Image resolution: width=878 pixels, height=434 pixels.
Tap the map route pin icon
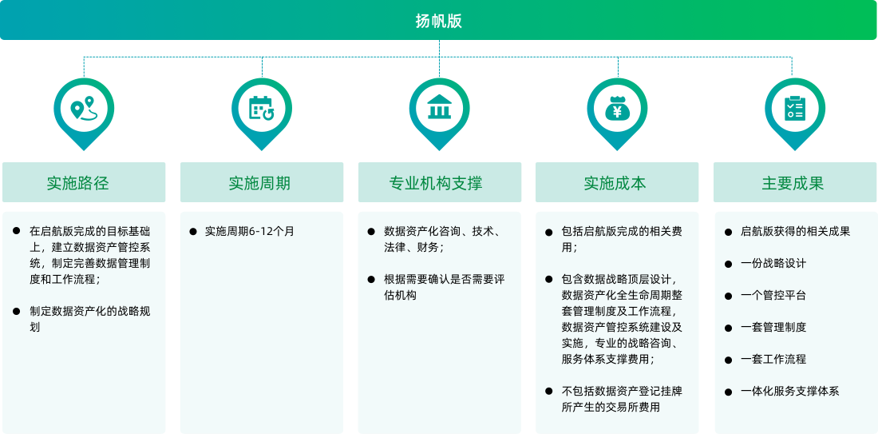click(83, 109)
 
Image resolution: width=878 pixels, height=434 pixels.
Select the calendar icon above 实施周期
click(262, 109)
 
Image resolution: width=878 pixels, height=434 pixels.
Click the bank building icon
click(439, 108)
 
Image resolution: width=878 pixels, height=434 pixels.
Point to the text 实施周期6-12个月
click(249, 232)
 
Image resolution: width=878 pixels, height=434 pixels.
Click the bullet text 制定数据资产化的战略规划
click(89, 319)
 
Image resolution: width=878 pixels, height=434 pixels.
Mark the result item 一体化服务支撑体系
click(789, 392)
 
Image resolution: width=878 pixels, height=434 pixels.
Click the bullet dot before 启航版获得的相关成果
click(728, 232)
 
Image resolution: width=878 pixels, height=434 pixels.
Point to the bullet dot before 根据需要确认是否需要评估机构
click(371, 280)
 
